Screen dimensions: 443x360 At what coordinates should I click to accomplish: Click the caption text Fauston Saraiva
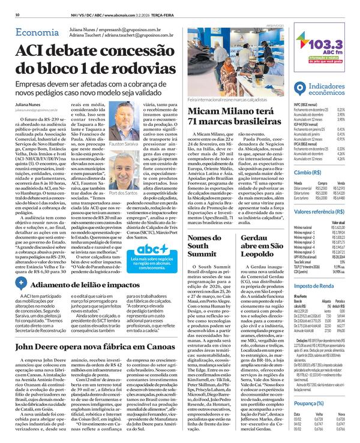137,144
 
